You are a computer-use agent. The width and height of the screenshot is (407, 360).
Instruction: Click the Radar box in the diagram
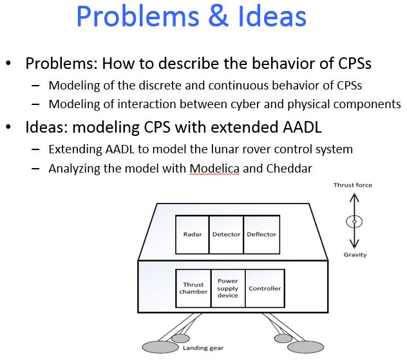[x=193, y=234]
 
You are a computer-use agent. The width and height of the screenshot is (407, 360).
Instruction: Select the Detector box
[x=226, y=234]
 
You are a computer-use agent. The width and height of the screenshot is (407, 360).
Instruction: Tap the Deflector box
[x=261, y=234]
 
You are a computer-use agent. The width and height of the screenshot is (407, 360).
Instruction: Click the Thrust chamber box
[x=193, y=288]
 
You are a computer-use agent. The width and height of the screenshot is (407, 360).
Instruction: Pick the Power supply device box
[x=227, y=288]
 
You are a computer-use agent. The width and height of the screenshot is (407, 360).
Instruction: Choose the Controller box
[x=265, y=288]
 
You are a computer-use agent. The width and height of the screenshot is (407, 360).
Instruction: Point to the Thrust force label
[x=352, y=185]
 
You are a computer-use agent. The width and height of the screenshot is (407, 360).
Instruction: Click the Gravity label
[x=355, y=254]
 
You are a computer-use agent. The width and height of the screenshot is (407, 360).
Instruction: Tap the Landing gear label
[x=203, y=348]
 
